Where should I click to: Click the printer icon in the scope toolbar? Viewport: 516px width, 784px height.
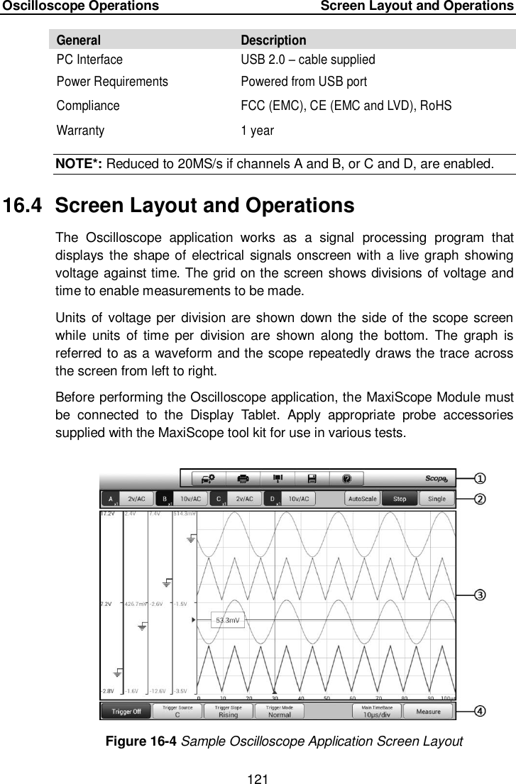tap(243, 479)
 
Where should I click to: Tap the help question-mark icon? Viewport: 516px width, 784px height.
tap(347, 479)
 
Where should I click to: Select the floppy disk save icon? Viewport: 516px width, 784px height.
tap(312, 479)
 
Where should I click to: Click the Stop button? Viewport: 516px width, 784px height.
tap(400, 499)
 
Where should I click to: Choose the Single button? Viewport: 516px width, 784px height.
tap(437, 499)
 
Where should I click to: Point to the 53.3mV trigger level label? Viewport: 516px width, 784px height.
tap(227, 619)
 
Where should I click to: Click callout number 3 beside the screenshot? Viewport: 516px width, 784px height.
tap(480, 595)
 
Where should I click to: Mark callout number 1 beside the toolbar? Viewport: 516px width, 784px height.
tap(480, 479)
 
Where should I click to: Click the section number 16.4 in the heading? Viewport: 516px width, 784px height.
tap(25, 206)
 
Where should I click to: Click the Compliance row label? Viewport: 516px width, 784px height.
tap(88, 106)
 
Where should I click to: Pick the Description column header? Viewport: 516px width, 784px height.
tap(273, 40)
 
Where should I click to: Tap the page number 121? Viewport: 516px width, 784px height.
tap(258, 777)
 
